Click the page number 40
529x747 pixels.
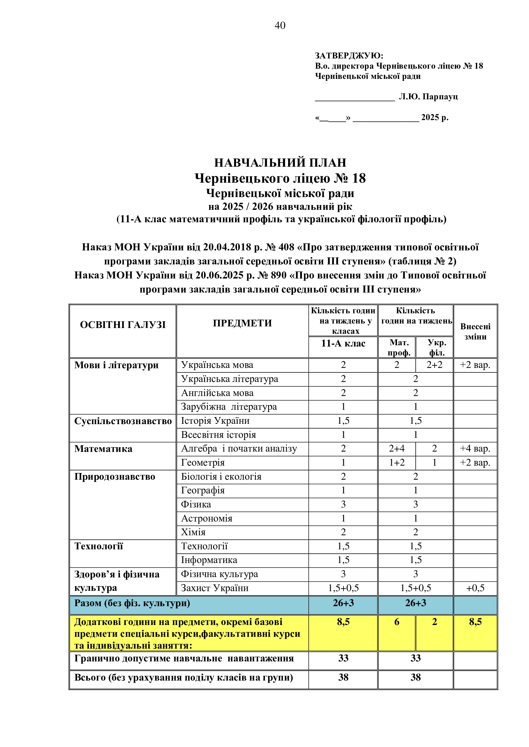(280, 25)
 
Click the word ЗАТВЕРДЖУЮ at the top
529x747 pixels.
(348, 56)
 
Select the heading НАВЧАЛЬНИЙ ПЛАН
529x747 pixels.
(280, 163)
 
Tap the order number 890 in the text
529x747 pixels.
(278, 275)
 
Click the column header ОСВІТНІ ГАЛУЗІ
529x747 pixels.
(123, 325)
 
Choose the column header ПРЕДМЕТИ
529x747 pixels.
(242, 323)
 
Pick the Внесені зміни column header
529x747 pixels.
(475, 332)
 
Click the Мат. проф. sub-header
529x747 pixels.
(399, 347)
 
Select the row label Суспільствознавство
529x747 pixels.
(123, 421)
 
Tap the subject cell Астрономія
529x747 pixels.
(207, 518)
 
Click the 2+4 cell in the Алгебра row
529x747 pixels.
(396, 449)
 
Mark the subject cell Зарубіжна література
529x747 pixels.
(229, 407)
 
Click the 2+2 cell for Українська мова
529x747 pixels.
(434, 365)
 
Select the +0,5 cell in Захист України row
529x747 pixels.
(475, 588)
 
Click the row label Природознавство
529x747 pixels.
(115, 476)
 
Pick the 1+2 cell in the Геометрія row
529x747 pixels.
(396, 463)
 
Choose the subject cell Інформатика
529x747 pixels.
(209, 560)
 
